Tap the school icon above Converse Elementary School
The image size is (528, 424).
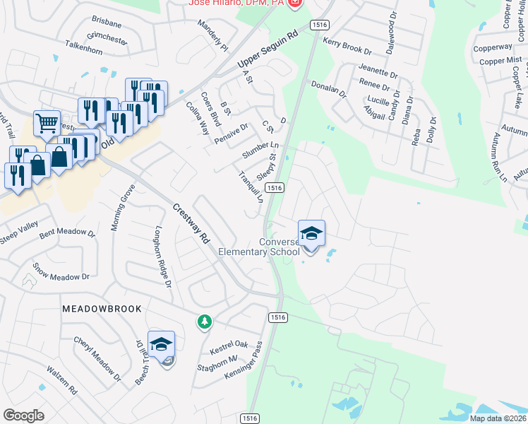point(311,232)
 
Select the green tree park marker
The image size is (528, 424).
point(205,322)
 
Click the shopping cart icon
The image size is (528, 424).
point(47,123)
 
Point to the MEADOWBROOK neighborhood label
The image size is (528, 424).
point(102,309)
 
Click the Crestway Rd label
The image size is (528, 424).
point(192,224)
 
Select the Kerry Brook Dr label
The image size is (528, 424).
point(347,47)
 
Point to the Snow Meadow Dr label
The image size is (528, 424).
point(61,272)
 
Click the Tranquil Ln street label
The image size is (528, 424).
point(251,187)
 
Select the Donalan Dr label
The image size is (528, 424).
point(329,89)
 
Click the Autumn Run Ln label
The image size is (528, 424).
point(500,158)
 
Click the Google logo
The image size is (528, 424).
point(24,416)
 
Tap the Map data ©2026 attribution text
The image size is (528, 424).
point(498,418)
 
